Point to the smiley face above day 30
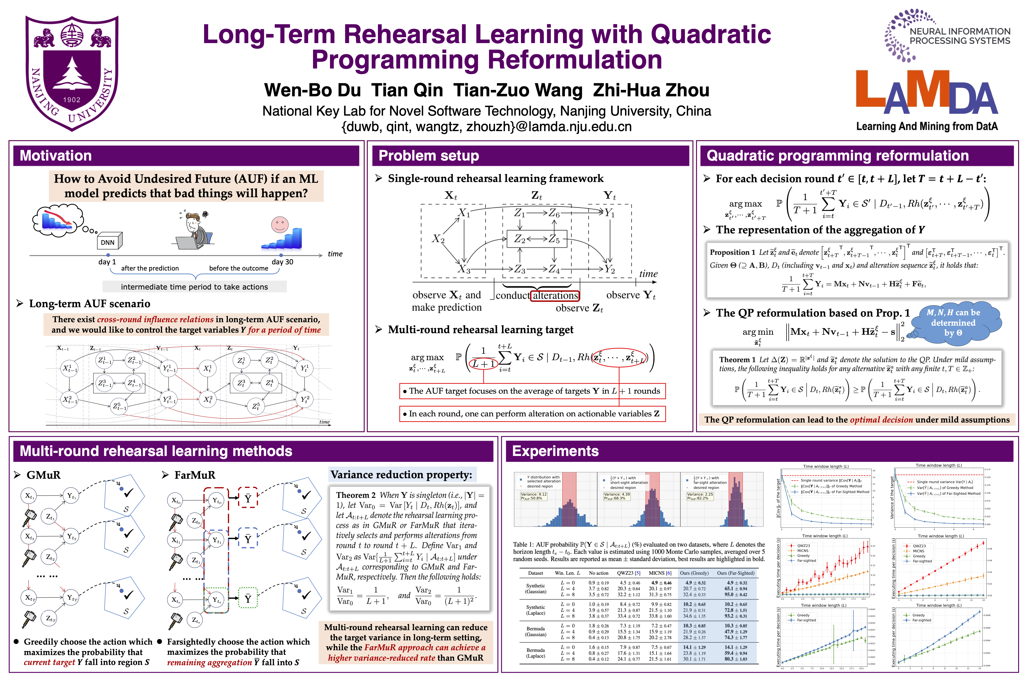[279, 224]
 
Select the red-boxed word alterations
[555, 296]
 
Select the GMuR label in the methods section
[43, 475]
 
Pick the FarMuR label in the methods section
[194, 475]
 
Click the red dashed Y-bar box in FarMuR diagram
[248, 498]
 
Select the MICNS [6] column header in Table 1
[660, 573]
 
